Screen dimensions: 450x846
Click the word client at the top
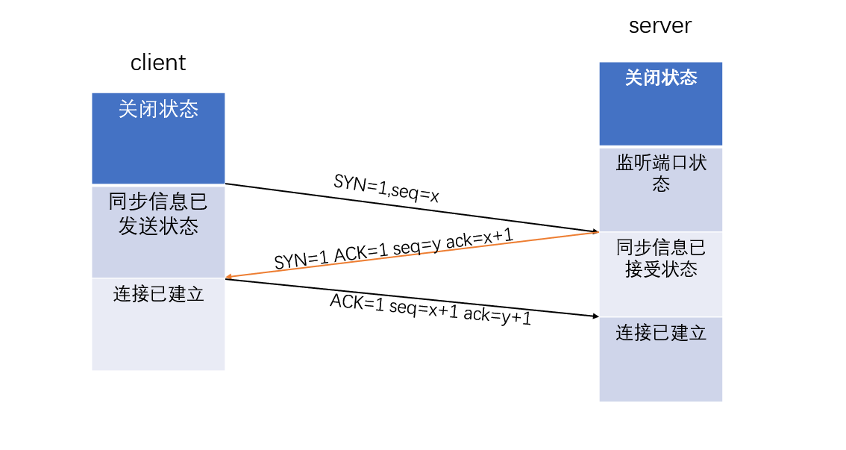(158, 63)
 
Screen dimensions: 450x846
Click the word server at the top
(660, 25)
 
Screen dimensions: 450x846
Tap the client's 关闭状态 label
(158, 110)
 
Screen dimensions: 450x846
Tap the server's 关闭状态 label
(660, 78)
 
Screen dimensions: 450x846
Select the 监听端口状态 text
(660, 173)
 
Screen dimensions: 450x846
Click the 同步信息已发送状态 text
(158, 214)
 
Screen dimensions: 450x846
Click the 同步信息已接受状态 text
(660, 258)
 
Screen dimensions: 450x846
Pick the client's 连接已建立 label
(158, 294)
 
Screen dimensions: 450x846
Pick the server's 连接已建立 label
(660, 333)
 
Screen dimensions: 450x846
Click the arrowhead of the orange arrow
(230, 278)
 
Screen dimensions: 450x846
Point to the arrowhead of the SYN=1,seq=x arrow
(595, 231)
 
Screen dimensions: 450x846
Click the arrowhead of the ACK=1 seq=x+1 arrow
(595, 316)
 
